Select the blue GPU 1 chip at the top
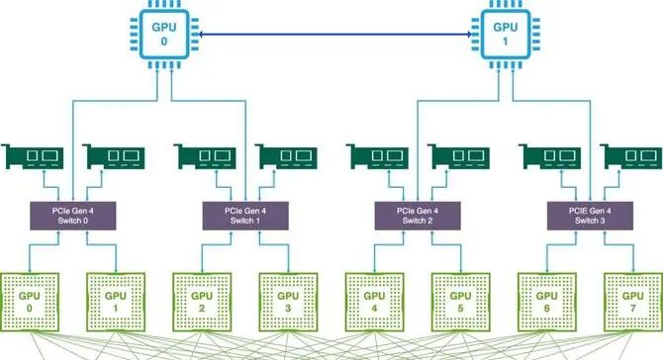click(507, 37)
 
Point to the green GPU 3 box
click(289, 301)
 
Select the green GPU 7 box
click(633, 301)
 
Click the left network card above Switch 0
click(32, 157)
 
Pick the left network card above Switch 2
click(377, 157)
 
